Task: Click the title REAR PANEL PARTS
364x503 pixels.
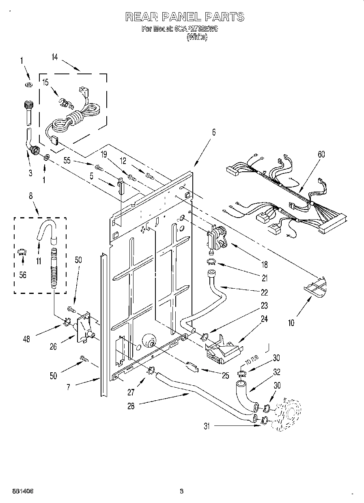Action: [185, 17]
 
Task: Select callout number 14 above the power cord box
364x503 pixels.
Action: [55, 58]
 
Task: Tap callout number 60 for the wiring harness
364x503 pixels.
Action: [321, 154]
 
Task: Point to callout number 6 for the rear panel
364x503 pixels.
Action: [213, 132]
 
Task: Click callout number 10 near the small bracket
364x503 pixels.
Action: [291, 323]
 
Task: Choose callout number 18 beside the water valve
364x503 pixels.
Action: [265, 265]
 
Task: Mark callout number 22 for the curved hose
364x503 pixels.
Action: [265, 292]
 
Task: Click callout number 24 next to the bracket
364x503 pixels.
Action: [265, 319]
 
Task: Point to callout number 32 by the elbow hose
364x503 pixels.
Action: [277, 371]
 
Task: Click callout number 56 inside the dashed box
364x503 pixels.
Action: [23, 275]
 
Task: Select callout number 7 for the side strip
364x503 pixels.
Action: [68, 387]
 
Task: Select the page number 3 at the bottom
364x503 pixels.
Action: [182, 491]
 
